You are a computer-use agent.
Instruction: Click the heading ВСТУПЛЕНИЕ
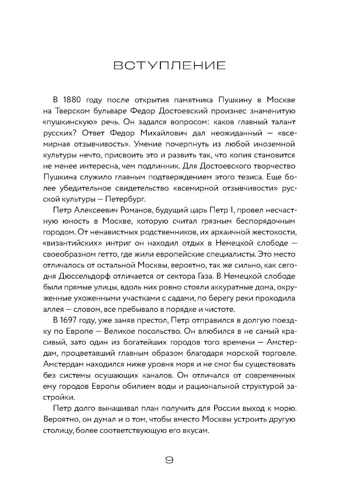[x=170, y=66]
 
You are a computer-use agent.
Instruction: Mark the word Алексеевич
[x=94, y=210]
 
